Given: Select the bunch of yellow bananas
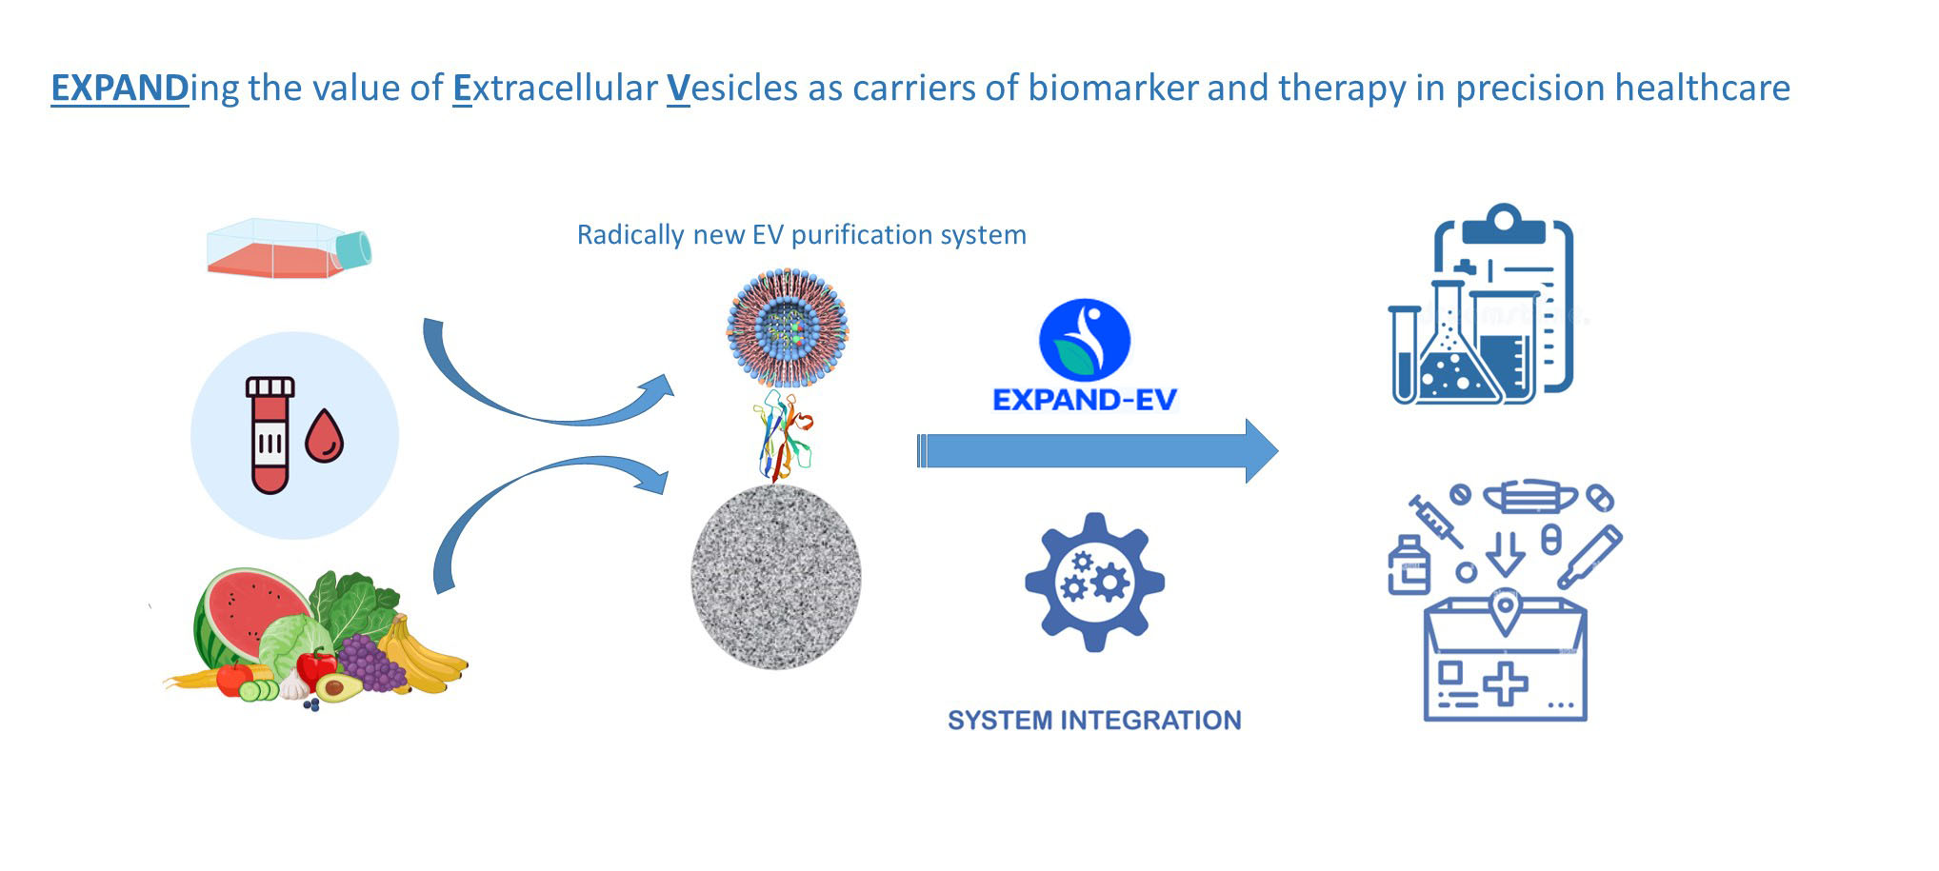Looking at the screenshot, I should tap(424, 657).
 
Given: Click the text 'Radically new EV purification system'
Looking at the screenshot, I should tap(801, 235).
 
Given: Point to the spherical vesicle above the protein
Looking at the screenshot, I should tap(787, 327).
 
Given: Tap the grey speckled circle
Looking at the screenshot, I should tap(775, 576).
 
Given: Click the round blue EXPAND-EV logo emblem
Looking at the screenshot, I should tap(1084, 340).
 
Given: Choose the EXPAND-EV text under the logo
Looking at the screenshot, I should tap(1085, 400).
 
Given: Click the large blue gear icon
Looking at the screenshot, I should tap(1094, 581).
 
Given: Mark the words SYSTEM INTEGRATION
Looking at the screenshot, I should tap(1094, 721).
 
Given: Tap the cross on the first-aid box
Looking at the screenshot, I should tap(1504, 683).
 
